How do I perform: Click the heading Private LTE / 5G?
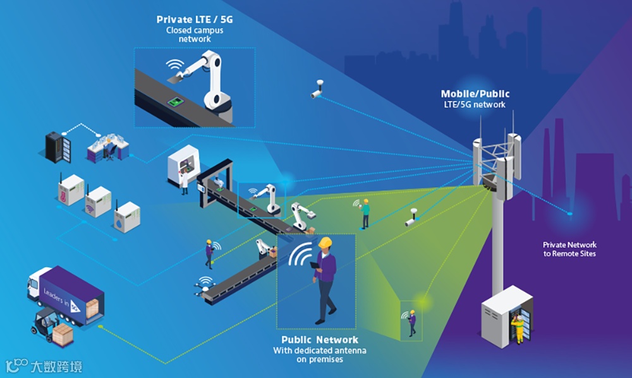(x=195, y=20)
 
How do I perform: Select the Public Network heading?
(x=320, y=339)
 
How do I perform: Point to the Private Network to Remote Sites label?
(x=569, y=249)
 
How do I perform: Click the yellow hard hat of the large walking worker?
(x=325, y=243)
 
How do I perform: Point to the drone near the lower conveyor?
(x=204, y=288)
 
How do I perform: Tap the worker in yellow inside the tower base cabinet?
(x=518, y=326)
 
